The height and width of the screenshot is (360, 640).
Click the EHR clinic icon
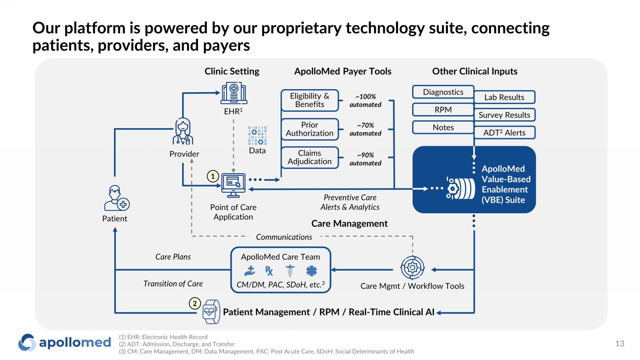[234, 93]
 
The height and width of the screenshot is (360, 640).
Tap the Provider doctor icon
[183, 131]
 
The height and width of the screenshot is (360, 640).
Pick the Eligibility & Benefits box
[310, 100]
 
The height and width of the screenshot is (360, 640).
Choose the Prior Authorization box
[310, 129]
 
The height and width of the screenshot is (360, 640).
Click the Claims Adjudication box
[310, 157]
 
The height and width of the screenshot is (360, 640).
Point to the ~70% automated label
[365, 129]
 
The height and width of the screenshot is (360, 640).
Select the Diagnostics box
[443, 92]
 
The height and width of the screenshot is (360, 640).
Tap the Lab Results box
[504, 97]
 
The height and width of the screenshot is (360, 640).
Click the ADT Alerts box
[504, 133]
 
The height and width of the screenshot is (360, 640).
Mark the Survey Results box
[504, 115]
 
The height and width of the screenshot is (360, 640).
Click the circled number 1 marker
[213, 176]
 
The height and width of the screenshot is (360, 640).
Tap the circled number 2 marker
[195, 304]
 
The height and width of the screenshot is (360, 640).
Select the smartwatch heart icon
[211, 311]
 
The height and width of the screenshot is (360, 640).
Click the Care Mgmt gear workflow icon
[412, 268]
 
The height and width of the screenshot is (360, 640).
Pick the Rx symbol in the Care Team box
[269, 271]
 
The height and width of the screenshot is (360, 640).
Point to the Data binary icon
[257, 136]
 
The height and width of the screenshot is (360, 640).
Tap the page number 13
[620, 344]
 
